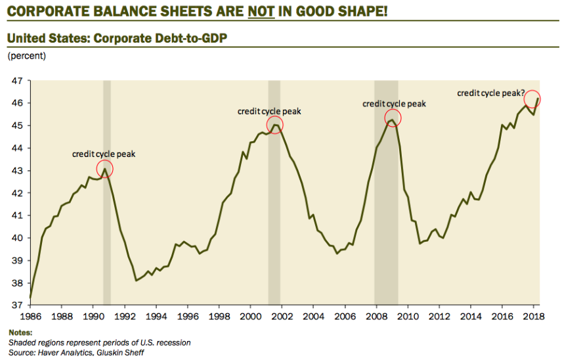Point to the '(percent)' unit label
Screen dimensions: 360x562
(26, 56)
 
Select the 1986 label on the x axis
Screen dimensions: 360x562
(31, 317)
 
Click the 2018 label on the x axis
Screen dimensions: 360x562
(534, 317)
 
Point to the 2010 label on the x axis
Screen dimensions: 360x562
(408, 317)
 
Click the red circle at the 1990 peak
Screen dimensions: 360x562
(104, 169)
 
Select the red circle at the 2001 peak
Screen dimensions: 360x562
(275, 125)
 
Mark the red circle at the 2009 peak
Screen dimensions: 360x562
(393, 119)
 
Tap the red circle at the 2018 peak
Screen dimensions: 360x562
(532, 99)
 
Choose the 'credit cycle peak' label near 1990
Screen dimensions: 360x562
(104, 154)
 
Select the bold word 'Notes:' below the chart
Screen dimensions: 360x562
(20, 332)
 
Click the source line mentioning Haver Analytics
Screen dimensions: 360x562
(76, 353)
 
